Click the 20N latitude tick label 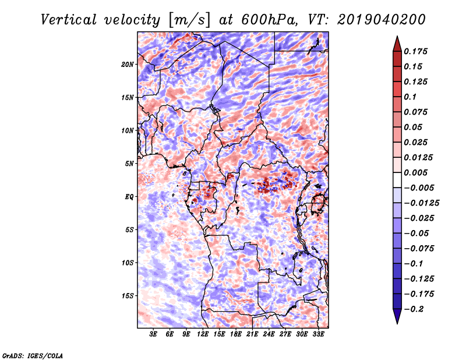[128, 64]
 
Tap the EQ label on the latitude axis [129, 197]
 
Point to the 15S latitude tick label [128, 296]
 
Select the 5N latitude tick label [129, 164]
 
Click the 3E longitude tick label [153, 335]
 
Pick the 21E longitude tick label [252, 335]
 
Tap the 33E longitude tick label [318, 335]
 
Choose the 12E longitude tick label [203, 335]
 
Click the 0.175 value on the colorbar [417, 51]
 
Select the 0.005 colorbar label [417, 172]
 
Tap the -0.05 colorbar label [417, 233]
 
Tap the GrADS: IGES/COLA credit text [32, 355]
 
